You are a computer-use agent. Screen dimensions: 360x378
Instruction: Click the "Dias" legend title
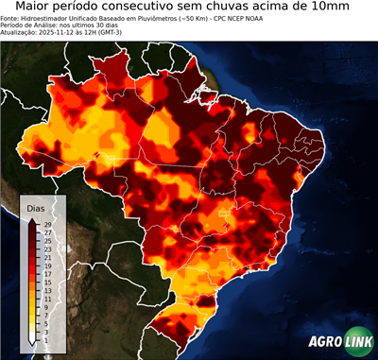click(x=36, y=208)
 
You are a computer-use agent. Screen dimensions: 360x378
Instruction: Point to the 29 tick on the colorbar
click(x=46, y=224)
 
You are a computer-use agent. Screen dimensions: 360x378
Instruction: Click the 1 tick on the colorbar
click(x=46, y=333)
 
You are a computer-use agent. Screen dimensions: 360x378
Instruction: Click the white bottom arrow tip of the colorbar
click(x=32, y=339)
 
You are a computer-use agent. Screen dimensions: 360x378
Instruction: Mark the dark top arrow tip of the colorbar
click(x=32, y=219)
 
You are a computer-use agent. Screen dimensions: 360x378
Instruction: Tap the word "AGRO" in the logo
click(x=323, y=342)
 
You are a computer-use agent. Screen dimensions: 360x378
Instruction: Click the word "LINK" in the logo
click(x=359, y=342)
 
